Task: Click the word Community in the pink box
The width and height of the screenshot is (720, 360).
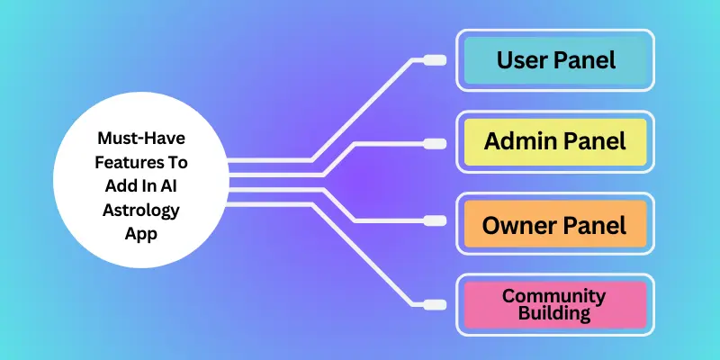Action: coord(554,295)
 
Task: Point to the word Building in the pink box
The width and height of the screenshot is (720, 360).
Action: coord(554,313)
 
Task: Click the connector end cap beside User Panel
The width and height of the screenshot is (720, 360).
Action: coord(435,61)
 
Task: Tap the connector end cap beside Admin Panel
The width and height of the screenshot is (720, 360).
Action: coord(435,143)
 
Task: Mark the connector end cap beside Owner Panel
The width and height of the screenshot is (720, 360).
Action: coord(435,220)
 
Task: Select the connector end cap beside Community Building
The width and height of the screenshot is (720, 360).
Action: coord(435,303)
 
